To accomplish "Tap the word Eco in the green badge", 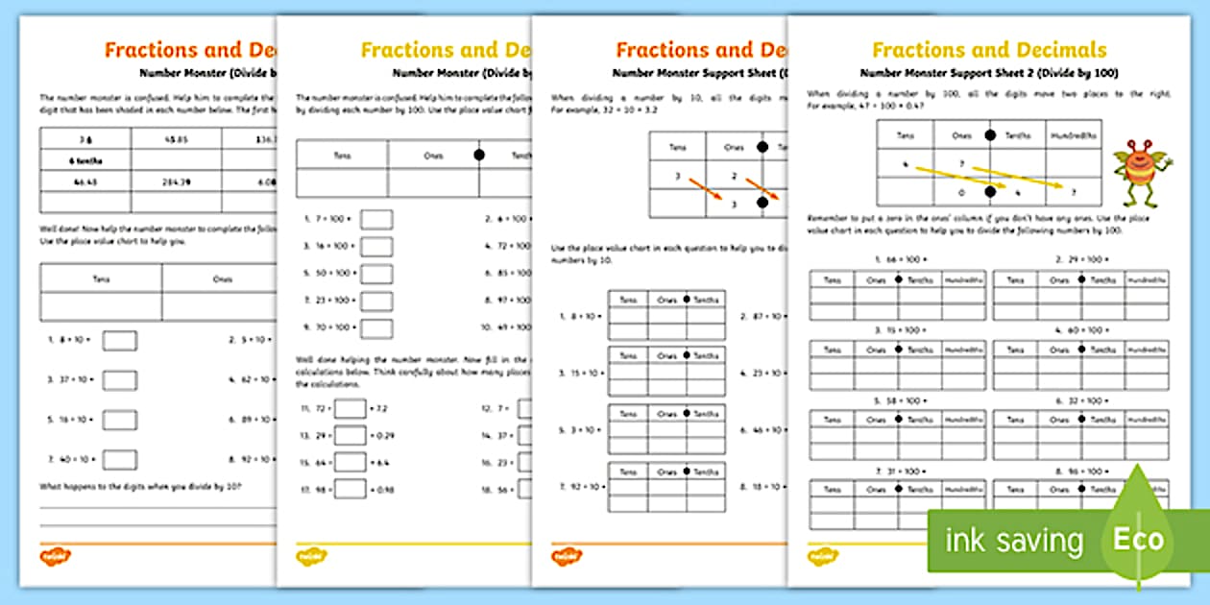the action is click(1138, 539).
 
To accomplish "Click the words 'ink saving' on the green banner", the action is click(1013, 541).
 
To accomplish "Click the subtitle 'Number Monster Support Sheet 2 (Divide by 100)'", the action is click(989, 73).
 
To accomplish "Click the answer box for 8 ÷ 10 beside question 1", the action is click(120, 340).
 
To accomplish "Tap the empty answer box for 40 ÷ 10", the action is click(120, 460).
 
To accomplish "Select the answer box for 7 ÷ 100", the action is click(376, 220).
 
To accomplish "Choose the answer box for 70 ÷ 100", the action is click(376, 328).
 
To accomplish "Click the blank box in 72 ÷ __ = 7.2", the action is click(351, 409).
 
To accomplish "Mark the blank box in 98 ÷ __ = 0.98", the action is click(351, 490).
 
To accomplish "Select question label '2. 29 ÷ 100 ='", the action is click(1081, 259).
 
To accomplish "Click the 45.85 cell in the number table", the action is click(176, 138).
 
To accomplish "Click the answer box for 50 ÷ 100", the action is click(376, 275).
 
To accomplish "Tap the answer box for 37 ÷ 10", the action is click(120, 380).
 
